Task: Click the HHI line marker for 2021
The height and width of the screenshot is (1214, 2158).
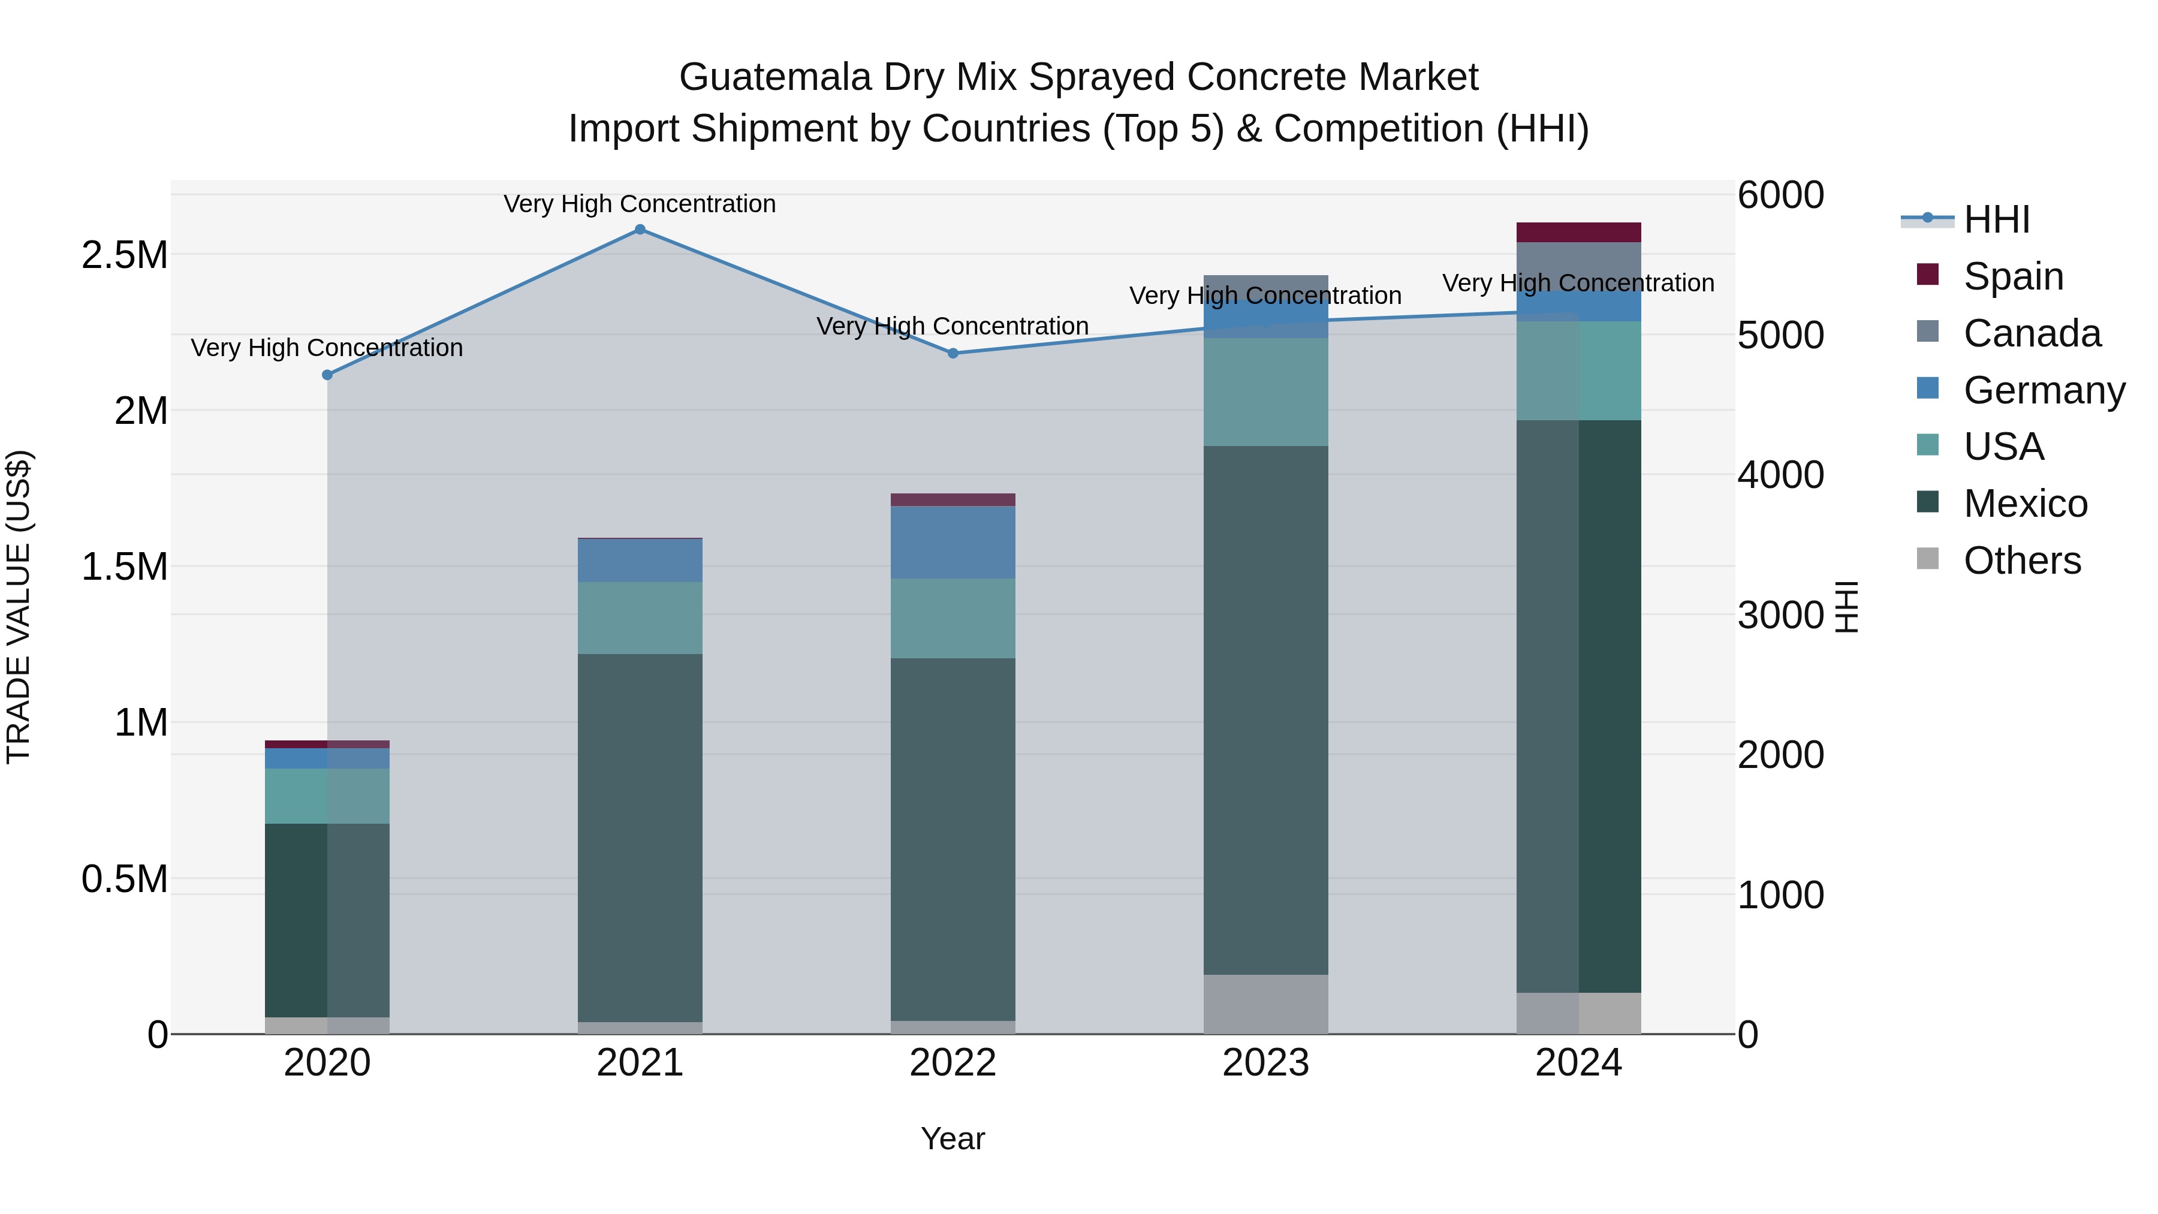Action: pyautogui.click(x=640, y=230)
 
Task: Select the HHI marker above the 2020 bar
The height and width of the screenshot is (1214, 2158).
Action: pyautogui.click(x=327, y=375)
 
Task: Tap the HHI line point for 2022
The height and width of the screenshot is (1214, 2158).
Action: pyautogui.click(x=953, y=354)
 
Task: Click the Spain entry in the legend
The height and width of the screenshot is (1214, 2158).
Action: pyautogui.click(x=2012, y=276)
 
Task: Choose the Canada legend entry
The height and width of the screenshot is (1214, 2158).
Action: pyautogui.click(x=2032, y=333)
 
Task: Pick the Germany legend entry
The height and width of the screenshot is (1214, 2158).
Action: pyautogui.click(x=2044, y=390)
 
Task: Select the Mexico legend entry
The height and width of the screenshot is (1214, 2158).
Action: pyautogui.click(x=2025, y=504)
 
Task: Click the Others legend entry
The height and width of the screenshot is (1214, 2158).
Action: pyautogui.click(x=2021, y=561)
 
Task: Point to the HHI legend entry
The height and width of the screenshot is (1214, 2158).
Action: pyautogui.click(x=1996, y=219)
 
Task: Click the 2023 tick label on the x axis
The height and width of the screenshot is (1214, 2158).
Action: pyautogui.click(x=1265, y=1063)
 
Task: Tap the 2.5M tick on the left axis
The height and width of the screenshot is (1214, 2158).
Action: pyautogui.click(x=125, y=255)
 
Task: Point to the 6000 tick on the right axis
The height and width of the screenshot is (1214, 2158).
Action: pyautogui.click(x=1780, y=195)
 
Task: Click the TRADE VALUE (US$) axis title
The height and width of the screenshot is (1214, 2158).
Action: pyautogui.click(x=19, y=607)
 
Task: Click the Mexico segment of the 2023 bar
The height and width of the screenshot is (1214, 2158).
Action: pyautogui.click(x=1265, y=712)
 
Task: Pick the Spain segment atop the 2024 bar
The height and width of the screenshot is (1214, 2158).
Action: pyautogui.click(x=1578, y=232)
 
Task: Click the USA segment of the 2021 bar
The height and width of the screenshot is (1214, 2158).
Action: pyautogui.click(x=640, y=618)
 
